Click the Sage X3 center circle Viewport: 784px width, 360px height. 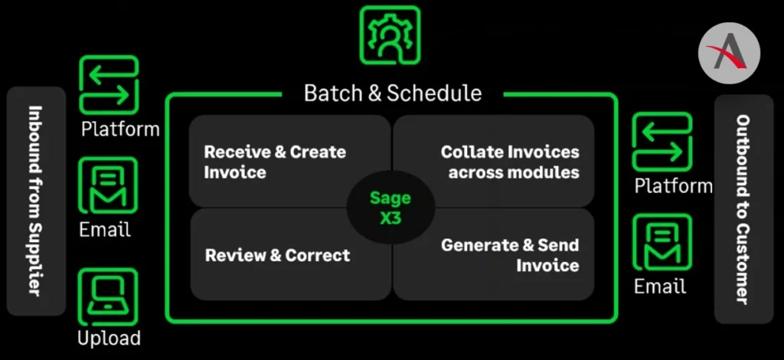click(390, 207)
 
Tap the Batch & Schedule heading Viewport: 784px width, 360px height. click(393, 93)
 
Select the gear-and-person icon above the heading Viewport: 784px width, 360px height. click(390, 35)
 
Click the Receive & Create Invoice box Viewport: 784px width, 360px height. click(289, 161)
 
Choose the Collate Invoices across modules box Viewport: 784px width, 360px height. click(494, 161)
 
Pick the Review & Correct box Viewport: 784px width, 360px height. click(290, 254)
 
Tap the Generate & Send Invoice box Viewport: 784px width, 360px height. click(494, 254)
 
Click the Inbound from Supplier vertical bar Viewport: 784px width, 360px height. click(36, 201)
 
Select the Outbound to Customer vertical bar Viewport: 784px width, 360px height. click(743, 209)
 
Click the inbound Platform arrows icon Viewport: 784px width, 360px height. click(109, 84)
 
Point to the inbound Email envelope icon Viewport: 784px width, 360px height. click(109, 185)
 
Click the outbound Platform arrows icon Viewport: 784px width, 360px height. click(662, 142)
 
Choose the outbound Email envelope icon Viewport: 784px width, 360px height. click(662, 243)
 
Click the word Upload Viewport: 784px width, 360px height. click(109, 338)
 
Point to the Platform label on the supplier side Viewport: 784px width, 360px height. click(120, 129)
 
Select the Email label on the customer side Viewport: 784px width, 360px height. click(660, 286)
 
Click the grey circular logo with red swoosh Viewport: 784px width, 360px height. click(729, 53)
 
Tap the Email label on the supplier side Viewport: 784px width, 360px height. click(105, 230)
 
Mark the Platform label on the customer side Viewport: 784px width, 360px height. click(674, 186)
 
